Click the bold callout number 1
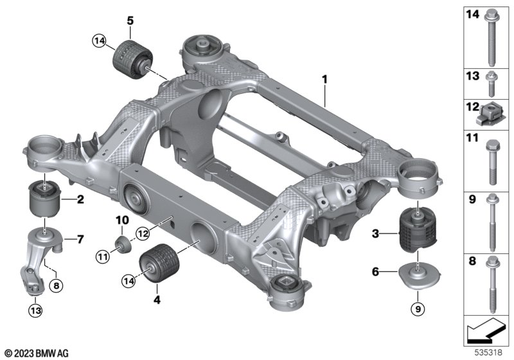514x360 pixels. pyautogui.click(x=324, y=80)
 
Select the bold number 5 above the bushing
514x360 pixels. pyautogui.click(x=130, y=21)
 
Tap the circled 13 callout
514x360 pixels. pyautogui.click(x=35, y=310)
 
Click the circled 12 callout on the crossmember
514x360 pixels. pyautogui.click(x=143, y=234)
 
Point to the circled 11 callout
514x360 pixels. pyautogui.click(x=103, y=256)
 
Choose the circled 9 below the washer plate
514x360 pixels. pyautogui.click(x=418, y=309)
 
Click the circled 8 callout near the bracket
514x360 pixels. pyautogui.click(x=56, y=285)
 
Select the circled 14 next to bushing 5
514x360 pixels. pyautogui.click(x=100, y=41)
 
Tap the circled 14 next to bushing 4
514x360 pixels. pyautogui.click(x=129, y=281)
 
